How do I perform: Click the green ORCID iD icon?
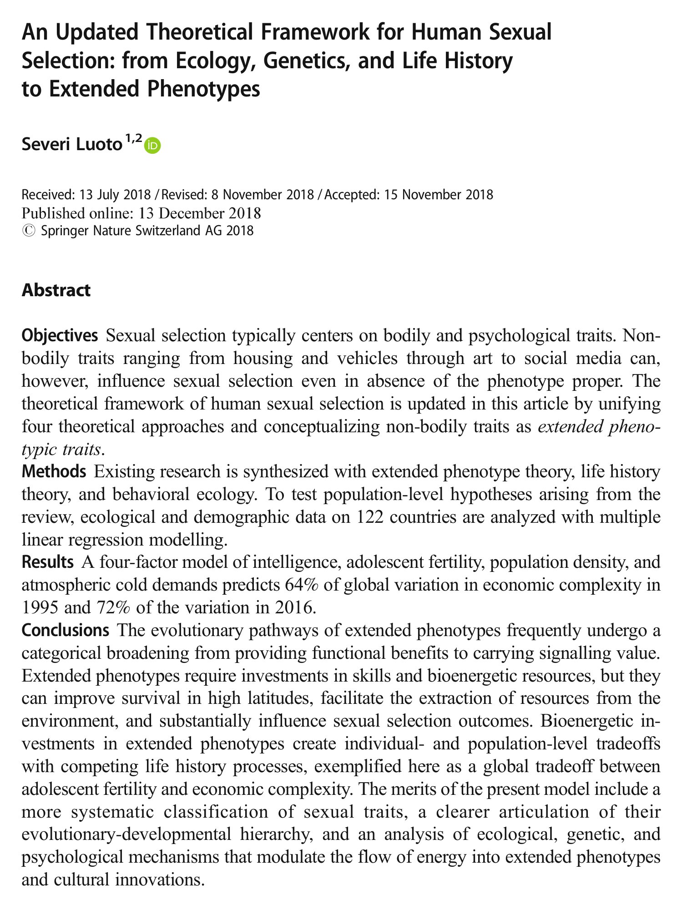[x=153, y=146]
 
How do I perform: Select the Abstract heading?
[x=56, y=290]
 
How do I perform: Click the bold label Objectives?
[x=60, y=336]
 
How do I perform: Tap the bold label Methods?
[x=54, y=471]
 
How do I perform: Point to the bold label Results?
[x=48, y=562]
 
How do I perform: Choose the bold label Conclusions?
[x=65, y=630]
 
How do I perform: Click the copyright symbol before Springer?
[x=28, y=231]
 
